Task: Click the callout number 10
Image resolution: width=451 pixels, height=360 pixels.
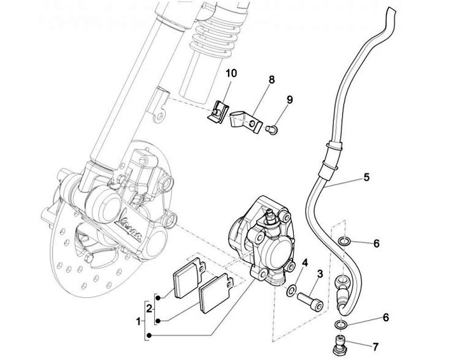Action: [231, 73]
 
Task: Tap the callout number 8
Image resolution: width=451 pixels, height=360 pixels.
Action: [272, 80]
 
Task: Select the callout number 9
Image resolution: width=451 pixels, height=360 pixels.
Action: [290, 100]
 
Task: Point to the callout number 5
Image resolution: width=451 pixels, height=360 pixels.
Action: [366, 177]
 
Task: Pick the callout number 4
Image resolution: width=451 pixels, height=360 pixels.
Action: [305, 263]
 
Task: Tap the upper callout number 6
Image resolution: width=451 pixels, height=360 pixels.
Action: [376, 243]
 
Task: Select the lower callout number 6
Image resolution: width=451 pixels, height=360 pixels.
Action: [376, 318]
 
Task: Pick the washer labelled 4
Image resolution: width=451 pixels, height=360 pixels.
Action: [291, 291]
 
